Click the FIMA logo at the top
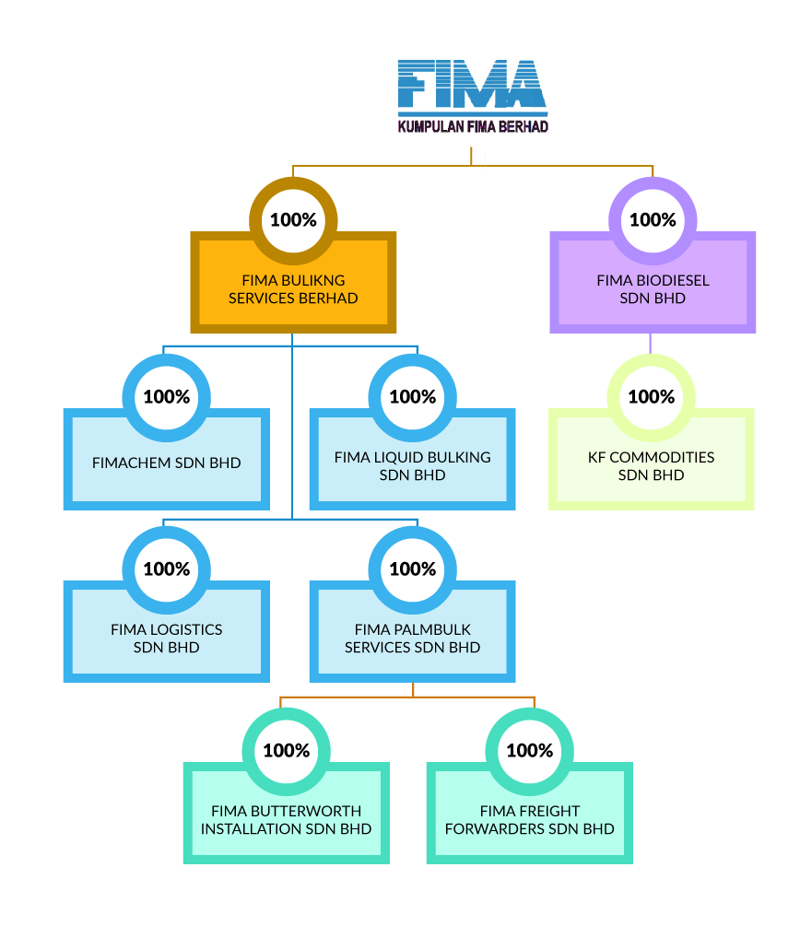(472, 86)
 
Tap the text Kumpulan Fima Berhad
(472, 126)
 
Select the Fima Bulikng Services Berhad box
(293, 289)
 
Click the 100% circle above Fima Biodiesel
(653, 220)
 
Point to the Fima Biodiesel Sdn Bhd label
(653, 289)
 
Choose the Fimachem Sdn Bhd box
(166, 463)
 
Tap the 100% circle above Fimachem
(167, 397)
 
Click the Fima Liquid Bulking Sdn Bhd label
(412, 466)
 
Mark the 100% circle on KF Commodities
(651, 397)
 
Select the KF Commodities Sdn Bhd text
(651, 466)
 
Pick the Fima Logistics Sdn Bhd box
(166, 638)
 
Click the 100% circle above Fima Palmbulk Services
(412, 569)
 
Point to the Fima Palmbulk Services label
(412, 639)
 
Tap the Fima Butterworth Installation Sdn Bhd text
(286, 820)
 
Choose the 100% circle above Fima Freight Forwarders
(530, 751)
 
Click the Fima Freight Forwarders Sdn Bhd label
(529, 820)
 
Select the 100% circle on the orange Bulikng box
(293, 220)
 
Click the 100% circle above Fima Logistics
(167, 569)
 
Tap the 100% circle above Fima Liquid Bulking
(412, 397)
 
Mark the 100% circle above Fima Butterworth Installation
(286, 751)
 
